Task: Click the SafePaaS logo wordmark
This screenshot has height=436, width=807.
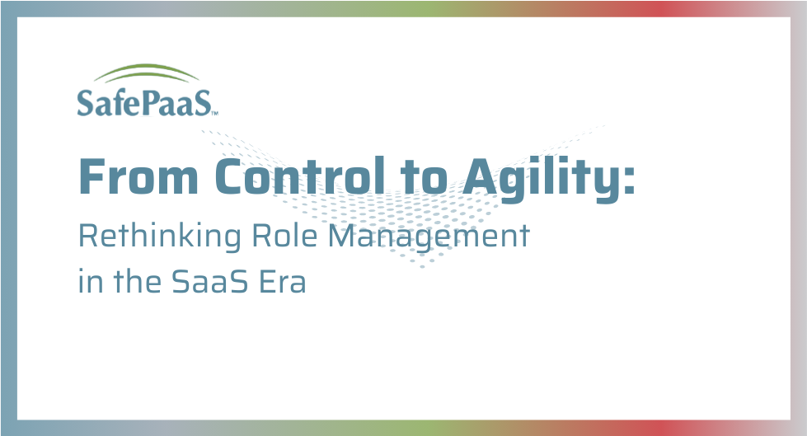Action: [x=144, y=102]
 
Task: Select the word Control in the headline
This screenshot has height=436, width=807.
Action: [x=300, y=176]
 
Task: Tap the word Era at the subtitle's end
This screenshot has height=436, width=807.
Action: [x=283, y=282]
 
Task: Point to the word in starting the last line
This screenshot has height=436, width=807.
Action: [x=90, y=281]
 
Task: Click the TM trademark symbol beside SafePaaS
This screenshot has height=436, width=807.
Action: [x=214, y=113]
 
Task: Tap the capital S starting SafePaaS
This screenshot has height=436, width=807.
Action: [x=85, y=102]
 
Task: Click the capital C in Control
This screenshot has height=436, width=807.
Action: [x=230, y=176]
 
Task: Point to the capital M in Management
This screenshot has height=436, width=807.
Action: [x=342, y=237]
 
